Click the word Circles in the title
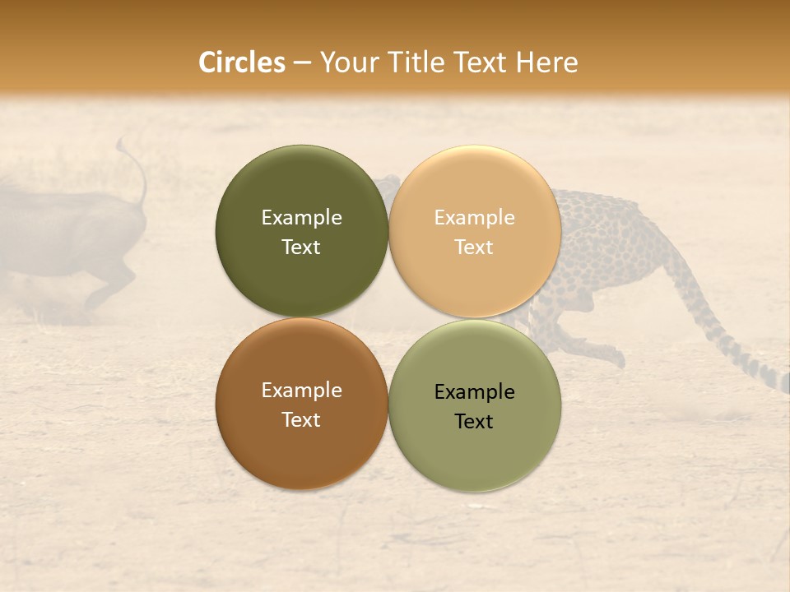tap(242, 62)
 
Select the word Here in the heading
tap(546, 62)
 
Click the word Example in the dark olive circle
tap(301, 218)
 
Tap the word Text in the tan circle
tap(474, 247)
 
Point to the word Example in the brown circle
tap(301, 391)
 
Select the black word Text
tap(474, 422)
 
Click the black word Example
tap(475, 392)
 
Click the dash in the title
tap(302, 62)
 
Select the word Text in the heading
tap(476, 62)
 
